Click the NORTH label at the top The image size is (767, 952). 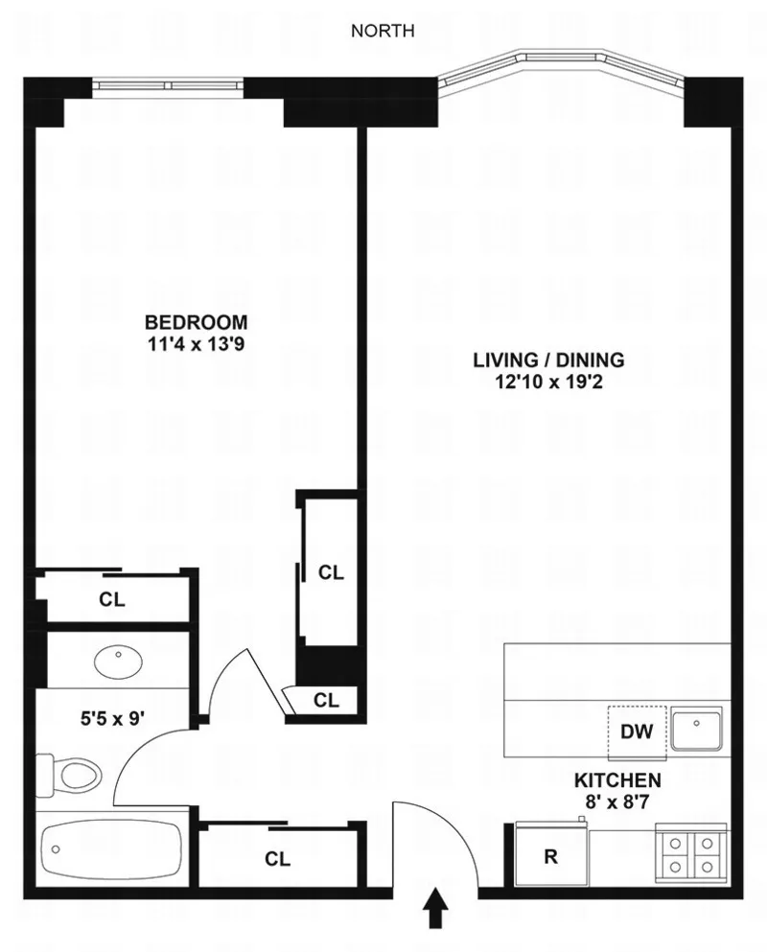click(x=383, y=31)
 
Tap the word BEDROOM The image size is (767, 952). click(x=196, y=322)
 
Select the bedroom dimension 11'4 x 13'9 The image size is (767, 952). click(x=196, y=343)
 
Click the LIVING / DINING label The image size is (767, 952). click(x=548, y=360)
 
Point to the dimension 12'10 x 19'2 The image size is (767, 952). click(x=548, y=383)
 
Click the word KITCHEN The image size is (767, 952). click(x=616, y=779)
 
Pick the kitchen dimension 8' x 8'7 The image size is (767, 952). click(x=616, y=801)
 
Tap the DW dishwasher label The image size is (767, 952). click(x=637, y=732)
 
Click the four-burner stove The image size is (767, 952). click(x=690, y=854)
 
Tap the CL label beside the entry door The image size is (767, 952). click(x=278, y=859)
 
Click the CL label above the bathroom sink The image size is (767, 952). click(x=112, y=600)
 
